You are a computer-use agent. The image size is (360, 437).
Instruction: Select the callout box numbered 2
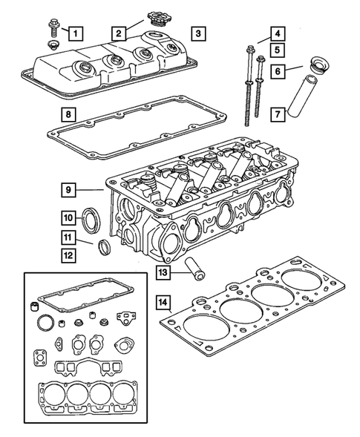pos(118,33)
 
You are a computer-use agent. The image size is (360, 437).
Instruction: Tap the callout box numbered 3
pos(197,33)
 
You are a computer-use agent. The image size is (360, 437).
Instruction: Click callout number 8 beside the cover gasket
pos(67,115)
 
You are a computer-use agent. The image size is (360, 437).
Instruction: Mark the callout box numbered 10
pos(67,218)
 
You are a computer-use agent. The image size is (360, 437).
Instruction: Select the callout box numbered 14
pos(163,303)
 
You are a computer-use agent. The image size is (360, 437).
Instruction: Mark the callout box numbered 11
pos(67,238)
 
